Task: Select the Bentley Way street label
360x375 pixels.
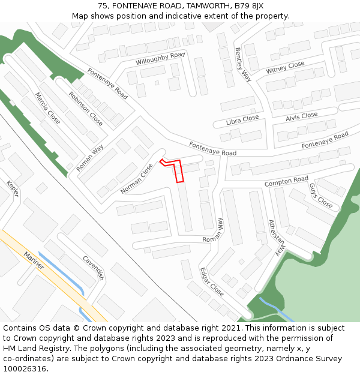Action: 242,64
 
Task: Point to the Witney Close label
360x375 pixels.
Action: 286,68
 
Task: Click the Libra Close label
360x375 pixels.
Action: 242,120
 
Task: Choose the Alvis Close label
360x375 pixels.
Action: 301,116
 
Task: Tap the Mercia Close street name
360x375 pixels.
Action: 47,108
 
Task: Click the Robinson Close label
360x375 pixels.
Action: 86,108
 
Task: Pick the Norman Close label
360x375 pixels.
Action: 137,179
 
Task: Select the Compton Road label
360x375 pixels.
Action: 287,181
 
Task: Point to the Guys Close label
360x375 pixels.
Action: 321,195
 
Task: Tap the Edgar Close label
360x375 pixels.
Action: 212,282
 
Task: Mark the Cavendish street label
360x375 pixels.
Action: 94,268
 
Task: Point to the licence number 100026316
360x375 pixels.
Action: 25,368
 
